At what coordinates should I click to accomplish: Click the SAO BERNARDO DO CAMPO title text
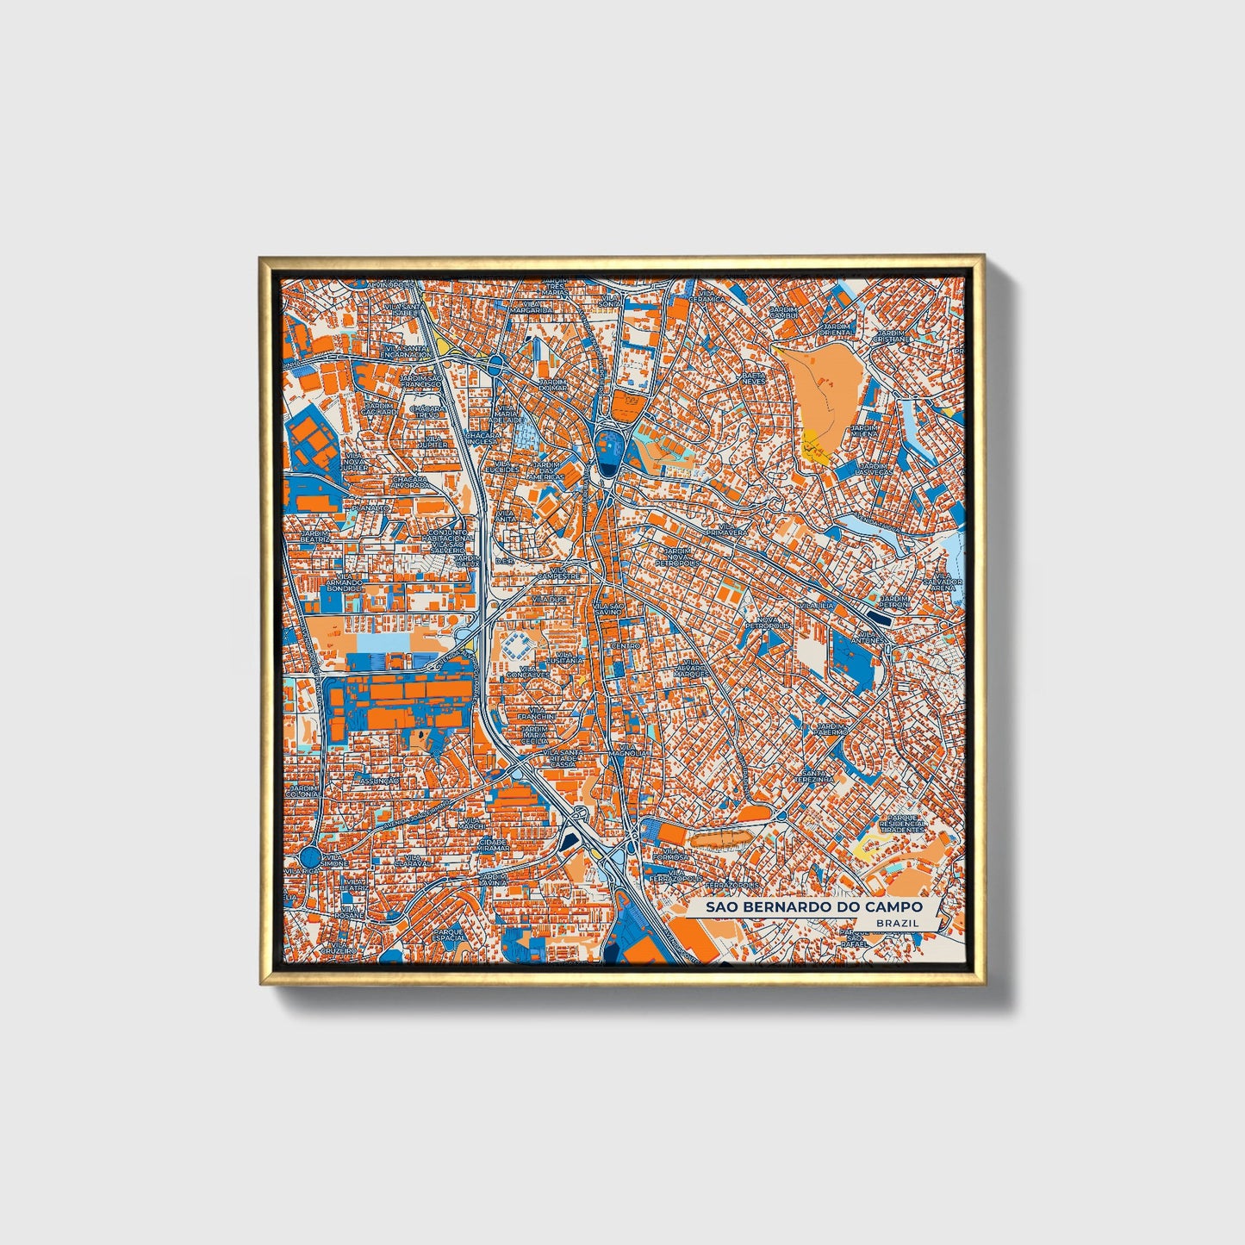coord(814,907)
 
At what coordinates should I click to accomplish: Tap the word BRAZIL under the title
coord(896,924)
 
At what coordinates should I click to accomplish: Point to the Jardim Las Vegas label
coord(875,469)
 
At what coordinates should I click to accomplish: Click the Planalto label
coord(371,508)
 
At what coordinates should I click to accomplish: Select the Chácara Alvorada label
coord(412,482)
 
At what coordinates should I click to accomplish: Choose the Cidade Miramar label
coord(494,844)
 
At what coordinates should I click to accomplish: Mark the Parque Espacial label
coord(449,936)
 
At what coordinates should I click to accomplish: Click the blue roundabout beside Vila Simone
coord(310,856)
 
